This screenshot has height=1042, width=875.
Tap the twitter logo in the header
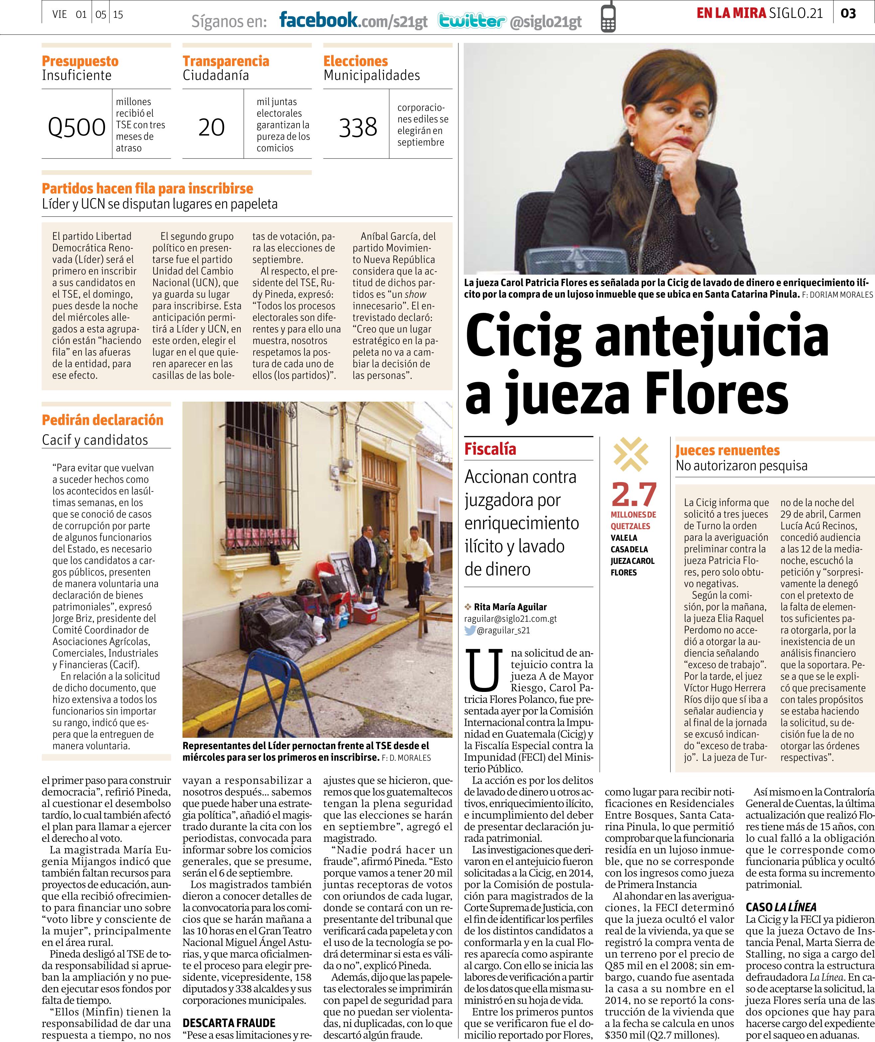[472, 21]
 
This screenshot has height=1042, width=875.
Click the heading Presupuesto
[80, 61]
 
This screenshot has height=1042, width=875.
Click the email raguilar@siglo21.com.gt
[510, 619]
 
